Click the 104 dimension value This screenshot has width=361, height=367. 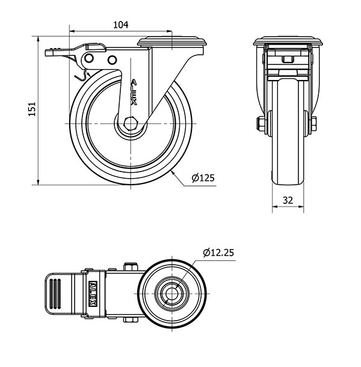[x=121, y=25]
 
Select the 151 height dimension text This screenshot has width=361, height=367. [x=32, y=109]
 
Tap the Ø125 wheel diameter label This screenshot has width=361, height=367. [x=203, y=178]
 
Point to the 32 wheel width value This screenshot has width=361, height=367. [x=288, y=200]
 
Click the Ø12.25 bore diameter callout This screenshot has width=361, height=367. [x=218, y=253]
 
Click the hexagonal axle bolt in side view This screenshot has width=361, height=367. [x=130, y=123]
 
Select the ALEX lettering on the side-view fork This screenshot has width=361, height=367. [x=134, y=92]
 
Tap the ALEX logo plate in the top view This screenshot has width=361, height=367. [x=93, y=293]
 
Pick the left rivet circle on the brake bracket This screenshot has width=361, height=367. [x=89, y=58]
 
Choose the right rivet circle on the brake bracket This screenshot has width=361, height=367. [x=112, y=60]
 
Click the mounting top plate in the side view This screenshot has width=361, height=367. [x=172, y=41]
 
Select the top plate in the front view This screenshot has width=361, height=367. [x=288, y=41]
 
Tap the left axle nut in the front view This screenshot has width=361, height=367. [x=260, y=125]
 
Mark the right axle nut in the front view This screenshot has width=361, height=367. [x=313, y=125]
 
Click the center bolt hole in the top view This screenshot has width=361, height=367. [x=172, y=294]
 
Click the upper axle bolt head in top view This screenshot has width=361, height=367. [x=131, y=267]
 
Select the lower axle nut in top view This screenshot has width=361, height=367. [x=131, y=319]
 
